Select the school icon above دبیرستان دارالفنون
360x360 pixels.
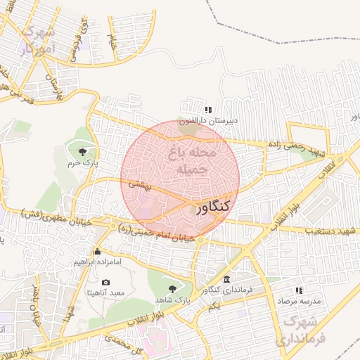coord(207,110)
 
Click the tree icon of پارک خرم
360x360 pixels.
coord(83,151)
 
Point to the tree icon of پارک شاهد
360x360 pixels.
coord(173,288)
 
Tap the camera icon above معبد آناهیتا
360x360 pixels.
coord(106,282)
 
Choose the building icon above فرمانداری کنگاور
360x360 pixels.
coord(226,279)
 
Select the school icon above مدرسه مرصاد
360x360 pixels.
coord(299,290)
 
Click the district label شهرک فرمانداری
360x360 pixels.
coord(303,330)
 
